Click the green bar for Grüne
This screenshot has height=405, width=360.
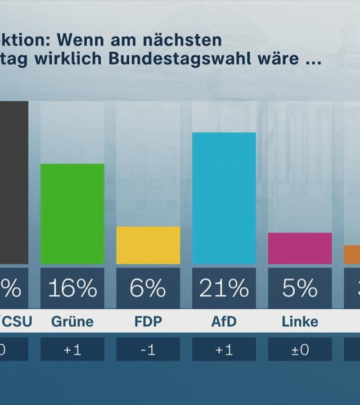pyautogui.click(x=72, y=214)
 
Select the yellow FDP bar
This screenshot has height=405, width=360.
pyautogui.click(x=148, y=245)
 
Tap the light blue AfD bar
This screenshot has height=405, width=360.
pyautogui.click(x=224, y=199)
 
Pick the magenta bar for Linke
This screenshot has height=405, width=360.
pyautogui.click(x=300, y=248)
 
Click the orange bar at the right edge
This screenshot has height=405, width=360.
pyautogui.click(x=352, y=255)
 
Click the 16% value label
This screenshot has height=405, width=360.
pyautogui.click(x=72, y=289)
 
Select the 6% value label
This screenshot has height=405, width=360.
pyautogui.click(x=148, y=289)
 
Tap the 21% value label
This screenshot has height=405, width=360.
pyautogui.click(x=224, y=289)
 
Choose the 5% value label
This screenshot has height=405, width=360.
pyautogui.click(x=300, y=289)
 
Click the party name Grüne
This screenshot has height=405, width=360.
pyautogui.click(x=72, y=322)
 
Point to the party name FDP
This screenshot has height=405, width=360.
pyautogui.click(x=148, y=322)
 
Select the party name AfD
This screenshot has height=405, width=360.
pyautogui.click(x=224, y=322)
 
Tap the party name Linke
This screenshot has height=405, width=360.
pyautogui.click(x=300, y=322)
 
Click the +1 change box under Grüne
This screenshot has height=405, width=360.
pyautogui.click(x=72, y=349)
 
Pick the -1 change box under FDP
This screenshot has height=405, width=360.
pyautogui.click(x=148, y=349)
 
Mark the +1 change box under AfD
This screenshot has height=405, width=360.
pyautogui.click(x=224, y=349)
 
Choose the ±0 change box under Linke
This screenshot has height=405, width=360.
pyautogui.click(x=300, y=349)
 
